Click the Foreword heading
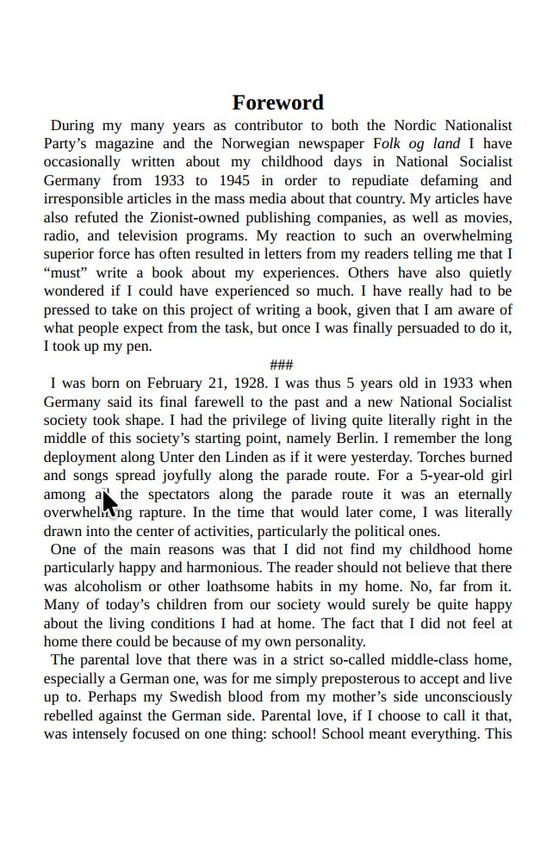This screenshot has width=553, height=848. pyautogui.click(x=277, y=103)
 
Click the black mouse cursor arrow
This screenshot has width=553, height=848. pyautogui.click(x=109, y=502)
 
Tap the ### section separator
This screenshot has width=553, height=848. pyautogui.click(x=281, y=365)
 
